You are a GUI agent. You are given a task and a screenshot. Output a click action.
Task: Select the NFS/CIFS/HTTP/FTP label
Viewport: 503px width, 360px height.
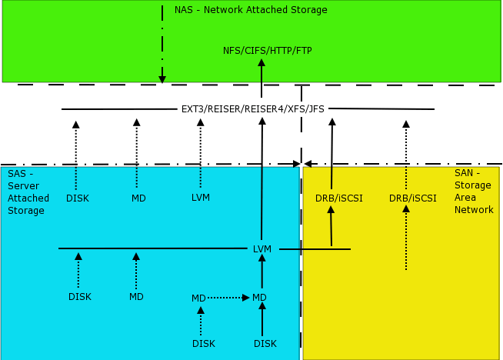[x=267, y=51]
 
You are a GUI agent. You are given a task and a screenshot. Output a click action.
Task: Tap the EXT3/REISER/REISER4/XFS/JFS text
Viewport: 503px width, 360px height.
[x=252, y=108]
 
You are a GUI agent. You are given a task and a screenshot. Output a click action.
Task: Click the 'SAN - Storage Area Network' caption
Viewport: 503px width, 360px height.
[x=474, y=192]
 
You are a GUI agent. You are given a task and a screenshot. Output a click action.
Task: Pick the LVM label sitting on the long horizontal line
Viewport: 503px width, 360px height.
[x=262, y=248]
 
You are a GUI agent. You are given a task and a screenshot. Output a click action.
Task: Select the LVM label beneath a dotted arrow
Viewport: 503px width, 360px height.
[x=200, y=198]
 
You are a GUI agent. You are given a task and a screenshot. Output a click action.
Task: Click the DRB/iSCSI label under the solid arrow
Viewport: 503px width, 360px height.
[x=338, y=198]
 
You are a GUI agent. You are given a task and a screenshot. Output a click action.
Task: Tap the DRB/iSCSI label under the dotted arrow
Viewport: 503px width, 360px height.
[x=412, y=198]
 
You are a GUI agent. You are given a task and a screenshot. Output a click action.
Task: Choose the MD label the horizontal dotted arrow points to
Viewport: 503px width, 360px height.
[x=259, y=298]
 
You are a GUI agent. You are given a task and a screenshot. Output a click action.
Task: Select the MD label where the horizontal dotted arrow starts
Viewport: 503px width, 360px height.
[x=198, y=298]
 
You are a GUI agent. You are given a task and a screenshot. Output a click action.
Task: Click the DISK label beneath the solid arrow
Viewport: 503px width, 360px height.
[x=265, y=344]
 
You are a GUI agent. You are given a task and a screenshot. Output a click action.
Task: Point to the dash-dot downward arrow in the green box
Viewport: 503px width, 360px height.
[x=162, y=42]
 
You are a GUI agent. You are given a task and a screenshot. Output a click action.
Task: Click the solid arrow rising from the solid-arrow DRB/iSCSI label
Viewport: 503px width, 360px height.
[x=331, y=153]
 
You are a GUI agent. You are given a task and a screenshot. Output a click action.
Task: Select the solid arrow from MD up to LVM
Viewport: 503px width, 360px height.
[x=262, y=273]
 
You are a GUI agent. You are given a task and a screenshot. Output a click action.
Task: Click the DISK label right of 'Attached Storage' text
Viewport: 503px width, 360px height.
[x=77, y=198]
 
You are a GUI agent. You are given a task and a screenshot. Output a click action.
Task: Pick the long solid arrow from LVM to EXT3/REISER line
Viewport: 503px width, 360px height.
[x=262, y=177]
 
